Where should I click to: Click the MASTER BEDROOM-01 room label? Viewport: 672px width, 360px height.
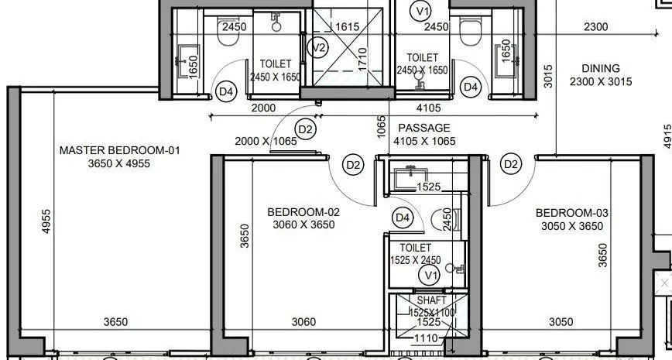click(x=119, y=150)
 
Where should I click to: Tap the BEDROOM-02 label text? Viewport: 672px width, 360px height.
click(x=303, y=211)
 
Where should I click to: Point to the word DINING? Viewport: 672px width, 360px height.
click(x=600, y=68)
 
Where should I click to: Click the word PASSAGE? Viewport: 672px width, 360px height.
click(x=423, y=128)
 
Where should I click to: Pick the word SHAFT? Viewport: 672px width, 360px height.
click(x=431, y=300)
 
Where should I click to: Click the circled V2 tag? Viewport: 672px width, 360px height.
click(x=317, y=47)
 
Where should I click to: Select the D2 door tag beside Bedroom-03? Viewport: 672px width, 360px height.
click(x=511, y=164)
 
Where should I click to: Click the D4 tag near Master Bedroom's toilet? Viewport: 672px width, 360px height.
click(x=225, y=92)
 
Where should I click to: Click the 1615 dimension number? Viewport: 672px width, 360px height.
click(x=347, y=26)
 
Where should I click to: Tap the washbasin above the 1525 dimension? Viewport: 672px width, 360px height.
click(x=405, y=175)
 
